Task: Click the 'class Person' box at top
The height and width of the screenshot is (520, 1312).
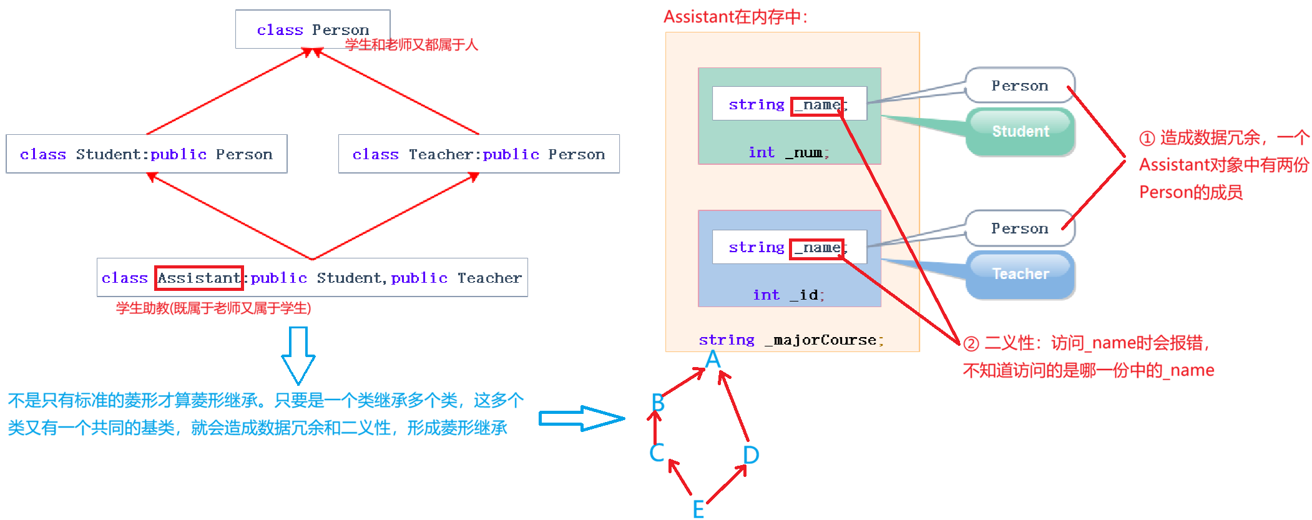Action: click(x=312, y=29)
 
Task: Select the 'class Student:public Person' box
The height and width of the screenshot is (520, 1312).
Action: click(x=146, y=154)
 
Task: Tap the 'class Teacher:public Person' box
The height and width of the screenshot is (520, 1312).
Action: click(x=478, y=154)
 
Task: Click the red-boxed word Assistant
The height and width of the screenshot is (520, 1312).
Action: click(x=199, y=278)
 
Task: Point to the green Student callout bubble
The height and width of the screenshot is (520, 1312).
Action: click(x=1020, y=131)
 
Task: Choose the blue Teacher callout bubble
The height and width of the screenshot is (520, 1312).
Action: click(x=1020, y=274)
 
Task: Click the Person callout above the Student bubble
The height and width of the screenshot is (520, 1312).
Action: click(x=1019, y=86)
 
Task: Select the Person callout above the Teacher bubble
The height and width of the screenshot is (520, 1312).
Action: click(x=1019, y=228)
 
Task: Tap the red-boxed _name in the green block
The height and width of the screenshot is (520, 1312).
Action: click(x=818, y=105)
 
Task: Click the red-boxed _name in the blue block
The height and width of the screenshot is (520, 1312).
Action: click(x=817, y=248)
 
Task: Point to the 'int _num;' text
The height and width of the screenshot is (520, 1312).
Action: click(x=788, y=153)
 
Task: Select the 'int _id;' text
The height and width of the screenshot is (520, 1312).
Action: click(x=788, y=295)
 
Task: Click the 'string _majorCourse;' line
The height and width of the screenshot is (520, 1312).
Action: click(x=791, y=340)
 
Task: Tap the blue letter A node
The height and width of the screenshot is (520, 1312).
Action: click(x=713, y=360)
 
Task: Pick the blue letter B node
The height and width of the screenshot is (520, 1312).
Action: click(x=658, y=403)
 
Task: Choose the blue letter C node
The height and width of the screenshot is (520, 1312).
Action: click(x=657, y=453)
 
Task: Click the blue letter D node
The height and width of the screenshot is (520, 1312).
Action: click(x=751, y=455)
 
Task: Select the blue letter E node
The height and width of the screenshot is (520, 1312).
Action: click(x=698, y=509)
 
